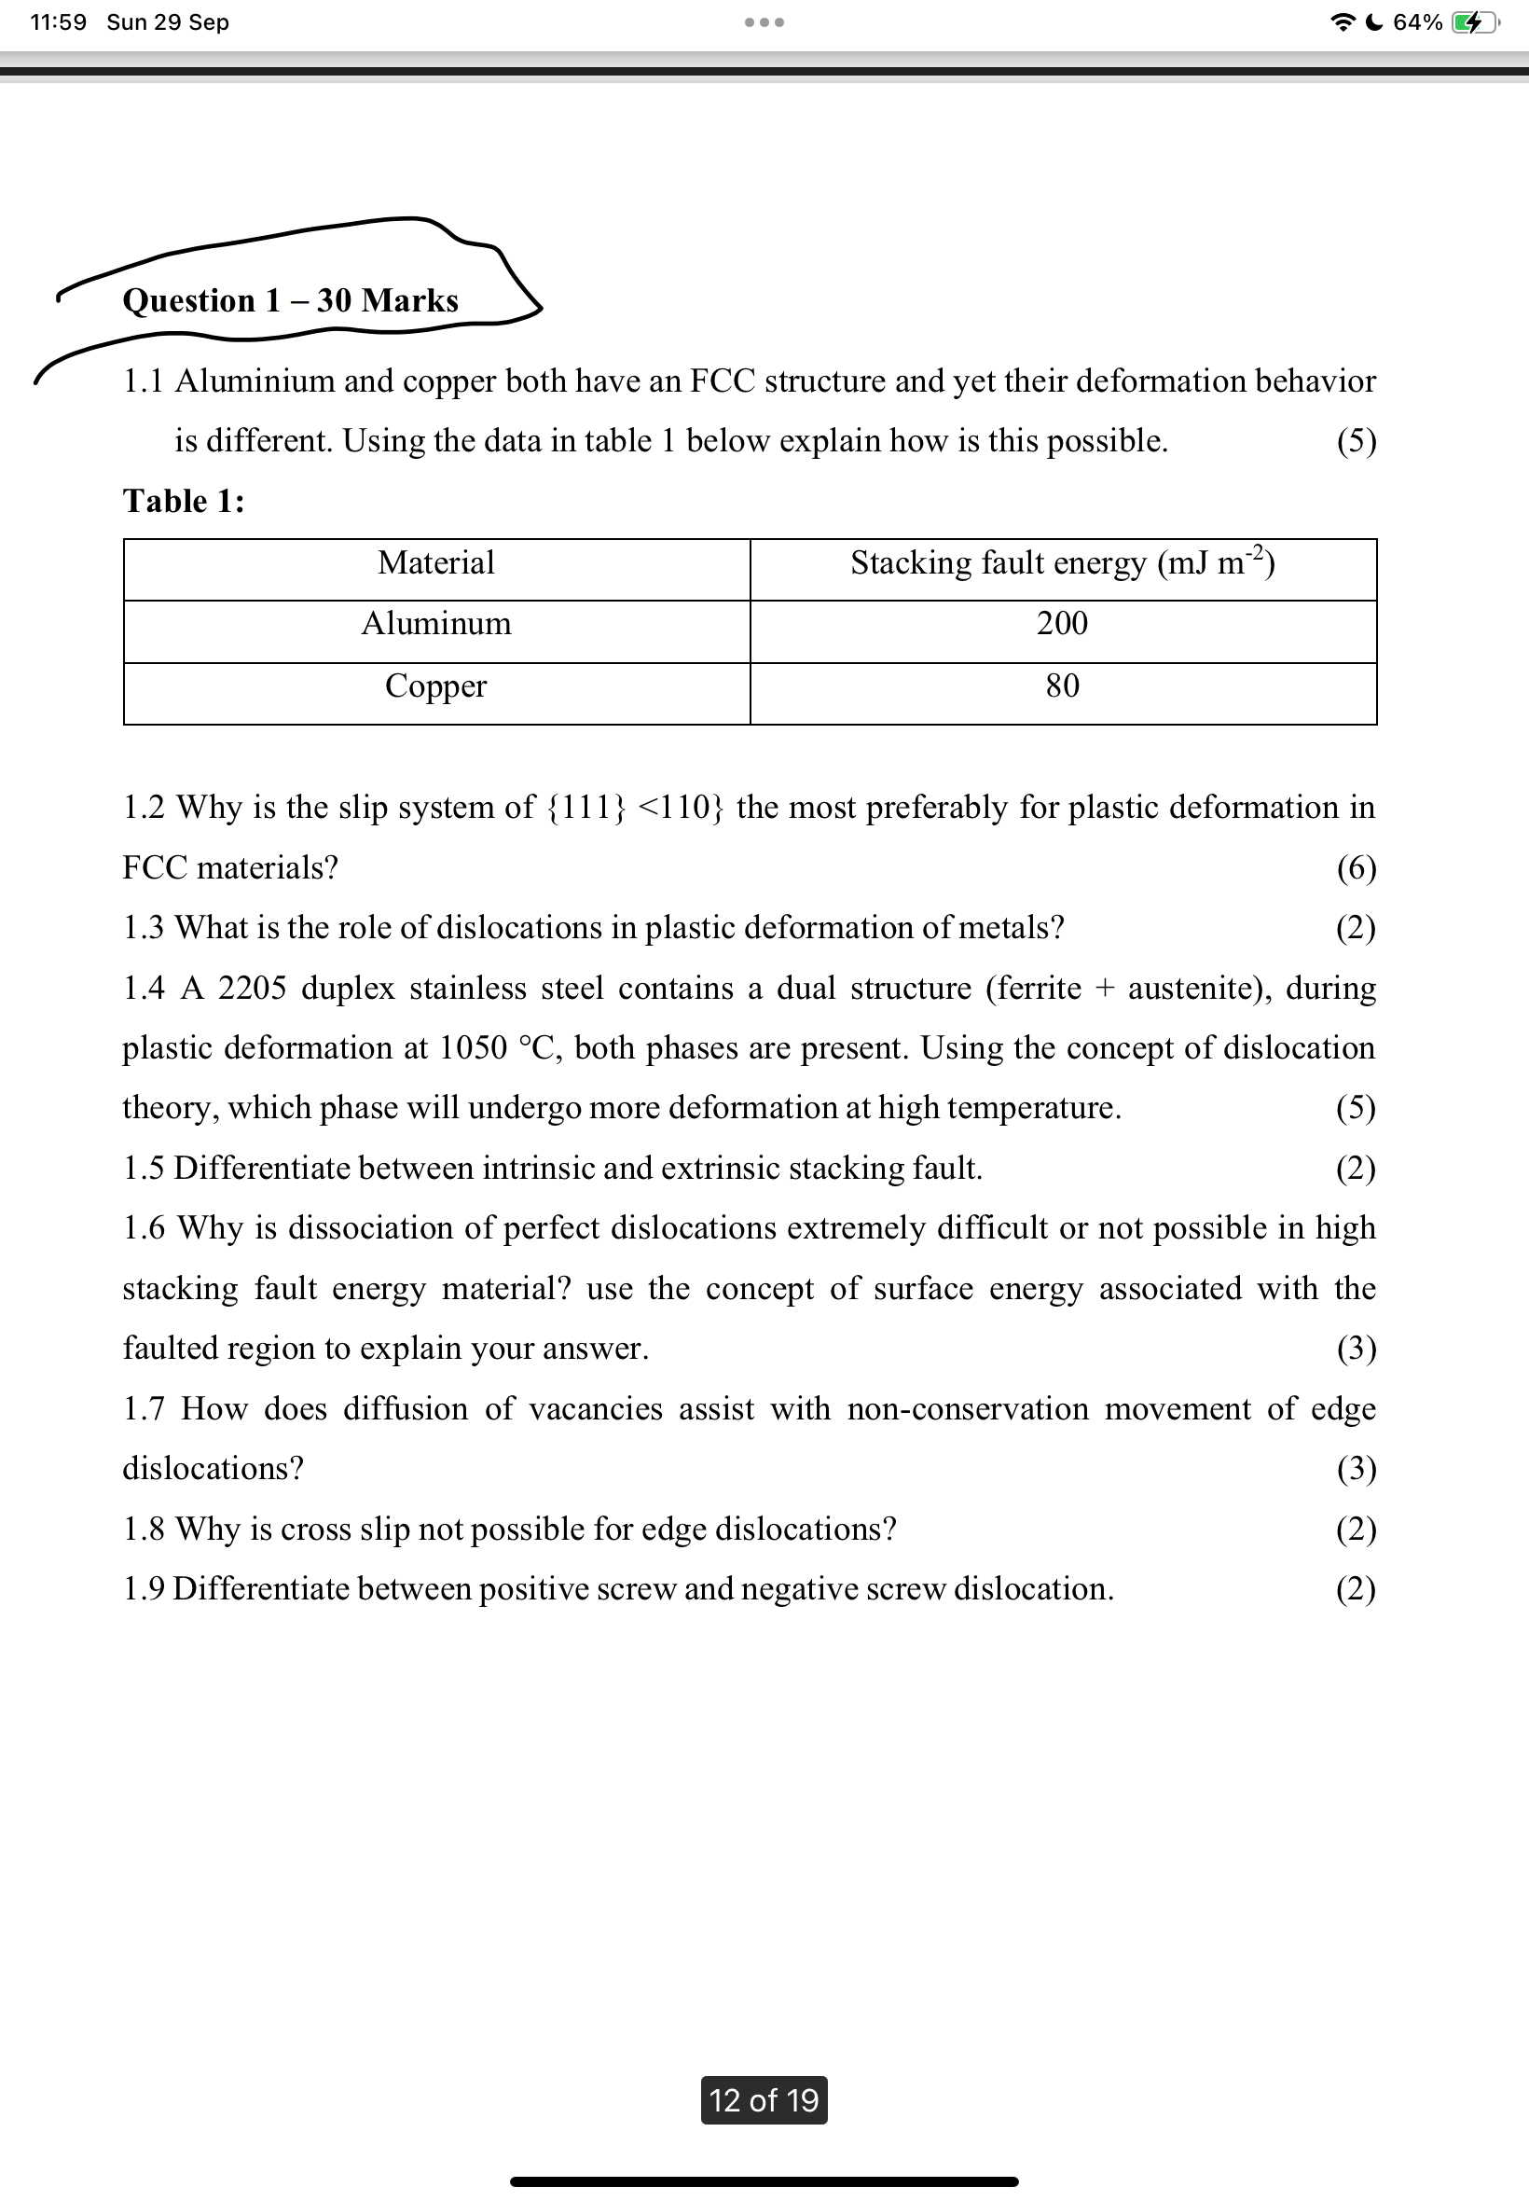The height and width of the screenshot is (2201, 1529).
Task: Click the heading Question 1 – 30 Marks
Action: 290,301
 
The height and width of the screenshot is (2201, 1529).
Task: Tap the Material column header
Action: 436,563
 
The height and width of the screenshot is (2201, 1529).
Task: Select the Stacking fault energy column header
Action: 1062,563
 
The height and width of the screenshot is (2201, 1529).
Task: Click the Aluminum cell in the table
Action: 436,625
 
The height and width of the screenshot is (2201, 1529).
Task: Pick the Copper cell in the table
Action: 436,686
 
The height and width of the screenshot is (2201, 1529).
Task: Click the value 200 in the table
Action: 1062,625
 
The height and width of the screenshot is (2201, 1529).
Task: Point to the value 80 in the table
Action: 1062,686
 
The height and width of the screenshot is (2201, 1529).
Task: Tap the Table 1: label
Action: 184,501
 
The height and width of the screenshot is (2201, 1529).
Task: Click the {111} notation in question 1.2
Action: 586,808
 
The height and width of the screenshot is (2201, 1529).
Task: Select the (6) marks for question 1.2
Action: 1356,868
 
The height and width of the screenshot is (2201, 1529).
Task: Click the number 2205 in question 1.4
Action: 252,989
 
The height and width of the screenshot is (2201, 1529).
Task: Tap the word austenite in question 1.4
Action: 1192,989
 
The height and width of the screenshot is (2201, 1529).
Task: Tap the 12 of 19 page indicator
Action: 764,2100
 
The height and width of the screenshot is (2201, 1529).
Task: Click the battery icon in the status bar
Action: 1472,22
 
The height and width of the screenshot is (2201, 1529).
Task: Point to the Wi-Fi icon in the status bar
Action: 1343,22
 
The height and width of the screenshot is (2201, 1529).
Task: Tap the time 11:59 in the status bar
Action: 58,22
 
